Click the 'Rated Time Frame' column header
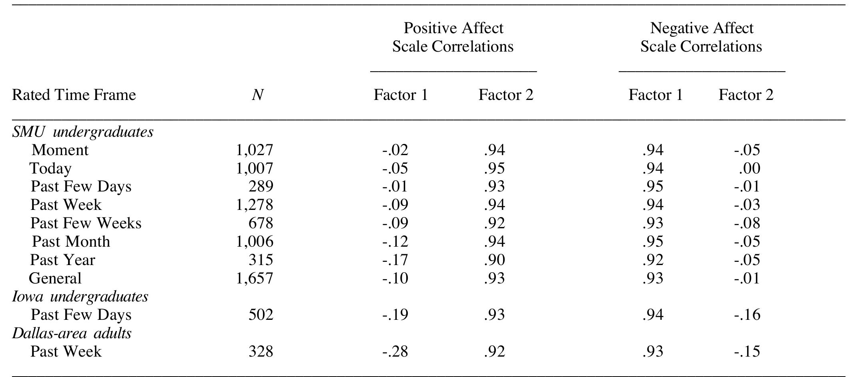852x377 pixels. [74, 95]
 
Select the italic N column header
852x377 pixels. [257, 95]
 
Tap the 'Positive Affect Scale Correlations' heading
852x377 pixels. [453, 37]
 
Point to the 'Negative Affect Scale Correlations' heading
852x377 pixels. [701, 37]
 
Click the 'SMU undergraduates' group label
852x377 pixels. [83, 132]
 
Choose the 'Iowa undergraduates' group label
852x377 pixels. [80, 297]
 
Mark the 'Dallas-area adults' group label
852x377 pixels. [72, 333]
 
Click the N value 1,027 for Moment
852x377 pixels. [255, 150]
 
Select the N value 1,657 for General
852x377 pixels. [255, 278]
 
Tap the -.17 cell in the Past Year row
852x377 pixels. [395, 260]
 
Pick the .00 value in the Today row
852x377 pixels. [749, 168]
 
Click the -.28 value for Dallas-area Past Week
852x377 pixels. [395, 351]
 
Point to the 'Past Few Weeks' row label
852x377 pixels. [86, 223]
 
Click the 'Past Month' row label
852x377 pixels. [71, 241]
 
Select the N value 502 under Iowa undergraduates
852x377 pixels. [261, 315]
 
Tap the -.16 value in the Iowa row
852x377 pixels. [747, 315]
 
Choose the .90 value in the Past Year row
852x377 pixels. [494, 260]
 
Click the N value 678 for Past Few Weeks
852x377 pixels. [261, 223]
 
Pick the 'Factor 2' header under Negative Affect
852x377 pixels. [746, 95]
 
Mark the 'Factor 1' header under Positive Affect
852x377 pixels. [401, 95]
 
